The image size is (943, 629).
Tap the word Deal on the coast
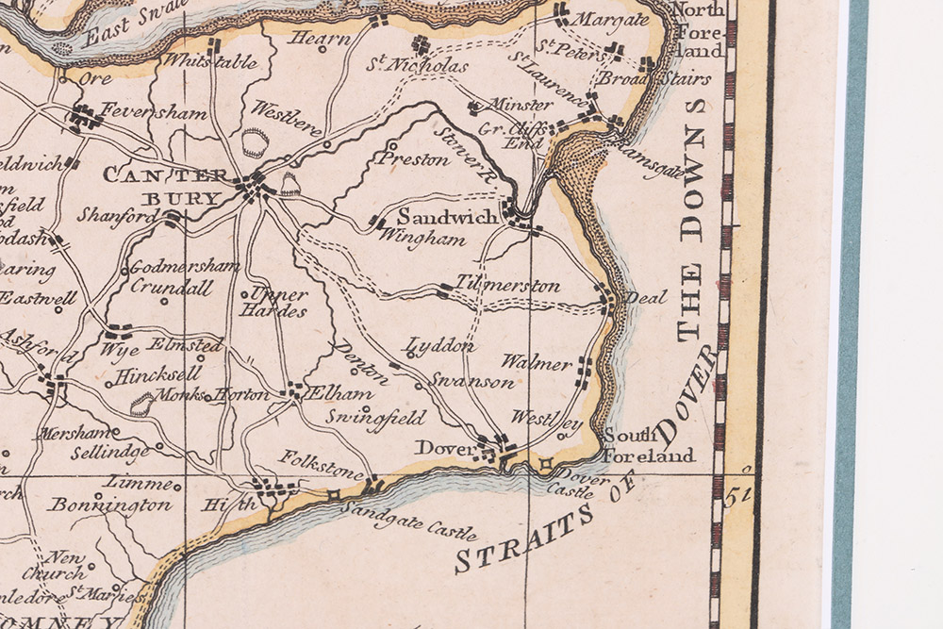(646, 298)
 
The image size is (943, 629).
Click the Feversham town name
(154, 111)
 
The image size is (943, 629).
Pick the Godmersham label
(184, 267)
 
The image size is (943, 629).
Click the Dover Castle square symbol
(545, 463)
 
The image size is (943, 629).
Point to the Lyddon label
(441, 346)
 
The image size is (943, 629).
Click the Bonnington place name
(111, 505)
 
